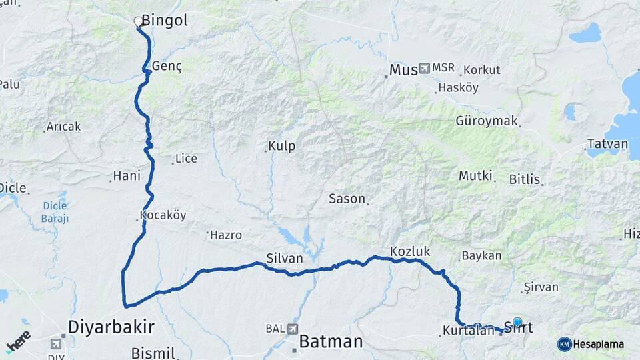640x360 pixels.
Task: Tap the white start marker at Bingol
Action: point(139,22)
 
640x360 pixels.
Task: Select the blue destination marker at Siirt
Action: point(517,322)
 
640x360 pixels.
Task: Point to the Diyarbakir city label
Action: point(111,327)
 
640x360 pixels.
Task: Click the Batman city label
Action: point(331,342)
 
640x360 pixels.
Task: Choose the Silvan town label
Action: point(284,258)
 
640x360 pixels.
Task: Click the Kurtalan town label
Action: point(467,331)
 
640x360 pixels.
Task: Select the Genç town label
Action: point(167,67)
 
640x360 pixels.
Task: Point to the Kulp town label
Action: point(281,146)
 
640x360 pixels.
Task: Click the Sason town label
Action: point(347,199)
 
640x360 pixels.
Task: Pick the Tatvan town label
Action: point(607,144)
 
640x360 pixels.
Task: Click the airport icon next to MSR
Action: point(425,69)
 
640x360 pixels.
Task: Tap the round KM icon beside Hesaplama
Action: point(565,344)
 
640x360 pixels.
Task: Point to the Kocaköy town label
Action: point(163,216)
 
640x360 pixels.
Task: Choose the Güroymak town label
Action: point(487,121)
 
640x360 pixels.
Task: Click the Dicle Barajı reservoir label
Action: point(55,212)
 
